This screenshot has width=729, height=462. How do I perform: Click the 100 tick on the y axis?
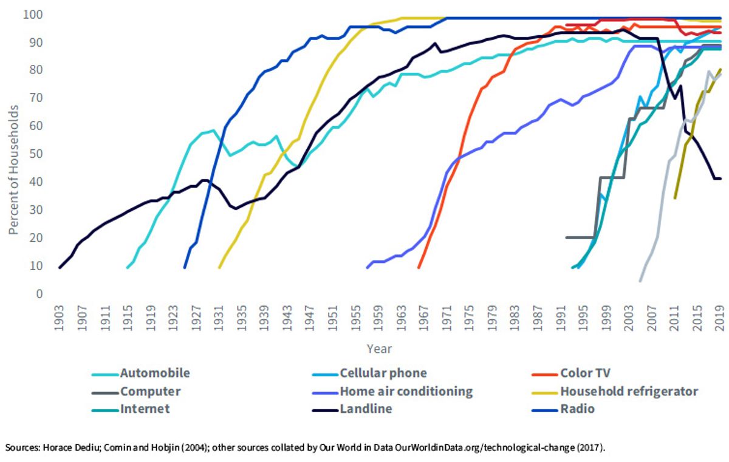[33, 15]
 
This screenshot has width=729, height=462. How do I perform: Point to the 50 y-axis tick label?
[36, 154]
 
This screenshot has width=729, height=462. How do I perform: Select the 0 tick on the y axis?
[39, 294]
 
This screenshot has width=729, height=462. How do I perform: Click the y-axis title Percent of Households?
[13, 170]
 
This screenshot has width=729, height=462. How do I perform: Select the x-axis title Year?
[379, 349]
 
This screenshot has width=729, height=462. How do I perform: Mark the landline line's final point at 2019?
[721, 178]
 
